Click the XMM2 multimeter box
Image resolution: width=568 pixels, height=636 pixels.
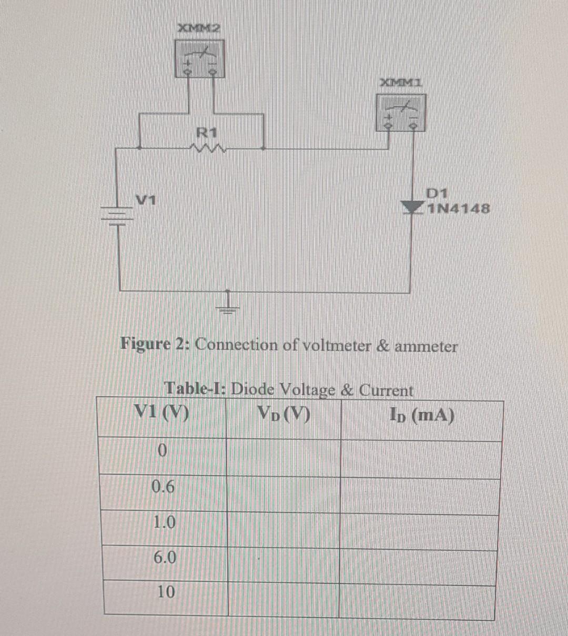click(200, 59)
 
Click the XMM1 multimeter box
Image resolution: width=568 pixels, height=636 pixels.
click(401, 112)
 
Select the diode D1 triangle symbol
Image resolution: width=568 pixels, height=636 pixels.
click(412, 208)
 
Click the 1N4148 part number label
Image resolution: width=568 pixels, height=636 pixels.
click(459, 209)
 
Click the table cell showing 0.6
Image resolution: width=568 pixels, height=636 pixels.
click(163, 487)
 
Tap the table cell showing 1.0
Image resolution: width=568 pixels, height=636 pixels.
click(164, 523)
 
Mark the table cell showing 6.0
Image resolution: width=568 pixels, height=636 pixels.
click(165, 557)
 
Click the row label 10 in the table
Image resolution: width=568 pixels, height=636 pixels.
click(166, 592)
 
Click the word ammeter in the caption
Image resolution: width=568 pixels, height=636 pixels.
click(426, 347)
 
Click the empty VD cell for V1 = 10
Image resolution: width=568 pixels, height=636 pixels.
click(283, 598)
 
